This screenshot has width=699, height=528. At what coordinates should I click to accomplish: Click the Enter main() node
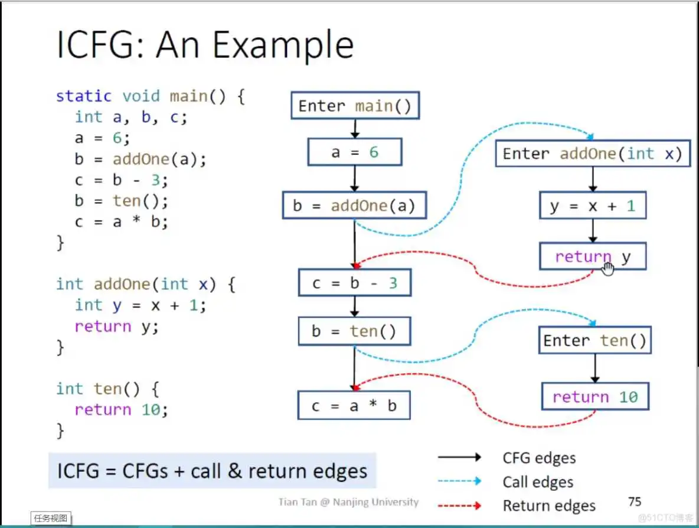(x=354, y=106)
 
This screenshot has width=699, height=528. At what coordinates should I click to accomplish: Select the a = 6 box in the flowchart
(x=354, y=152)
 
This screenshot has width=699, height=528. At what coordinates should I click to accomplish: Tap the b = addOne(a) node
(x=354, y=206)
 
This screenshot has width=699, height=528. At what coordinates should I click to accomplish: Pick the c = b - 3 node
(x=354, y=283)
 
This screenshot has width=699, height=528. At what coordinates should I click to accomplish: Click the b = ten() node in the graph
(x=354, y=331)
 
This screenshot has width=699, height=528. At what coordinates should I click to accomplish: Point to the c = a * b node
(x=354, y=406)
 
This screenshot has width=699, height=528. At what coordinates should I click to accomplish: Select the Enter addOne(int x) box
(x=592, y=154)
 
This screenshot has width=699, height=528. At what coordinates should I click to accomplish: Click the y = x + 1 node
(x=593, y=206)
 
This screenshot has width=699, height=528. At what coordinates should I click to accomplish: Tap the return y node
(x=593, y=257)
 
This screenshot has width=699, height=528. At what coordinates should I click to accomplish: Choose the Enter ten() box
(x=595, y=341)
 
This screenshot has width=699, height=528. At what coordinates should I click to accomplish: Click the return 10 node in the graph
(x=595, y=396)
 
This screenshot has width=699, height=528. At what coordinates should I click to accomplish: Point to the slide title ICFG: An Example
(x=205, y=45)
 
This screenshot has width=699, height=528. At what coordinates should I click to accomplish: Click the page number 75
(x=635, y=501)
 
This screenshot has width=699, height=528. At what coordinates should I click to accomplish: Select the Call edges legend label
(x=538, y=482)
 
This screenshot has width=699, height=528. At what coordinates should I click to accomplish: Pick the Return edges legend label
(x=549, y=506)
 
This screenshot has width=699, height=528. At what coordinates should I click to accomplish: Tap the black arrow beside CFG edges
(x=459, y=457)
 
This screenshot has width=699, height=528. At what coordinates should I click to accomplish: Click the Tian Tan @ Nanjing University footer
(x=348, y=502)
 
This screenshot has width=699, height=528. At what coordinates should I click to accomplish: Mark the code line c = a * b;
(x=122, y=221)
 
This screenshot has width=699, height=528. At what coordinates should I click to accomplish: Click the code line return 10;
(x=121, y=409)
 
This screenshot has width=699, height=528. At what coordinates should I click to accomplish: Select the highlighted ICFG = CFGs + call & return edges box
(x=212, y=471)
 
